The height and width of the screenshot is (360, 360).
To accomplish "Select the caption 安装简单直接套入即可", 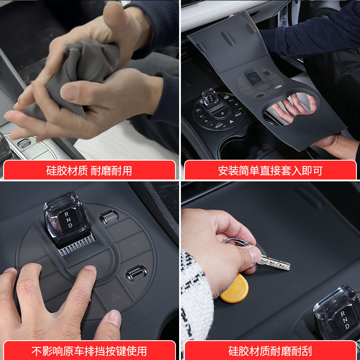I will tap(270, 171).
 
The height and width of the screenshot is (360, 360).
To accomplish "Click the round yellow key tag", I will tap(234, 288).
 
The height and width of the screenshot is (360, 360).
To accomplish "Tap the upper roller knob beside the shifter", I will tap(109, 216).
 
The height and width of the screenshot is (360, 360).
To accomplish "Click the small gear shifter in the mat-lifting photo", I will tap(210, 97).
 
